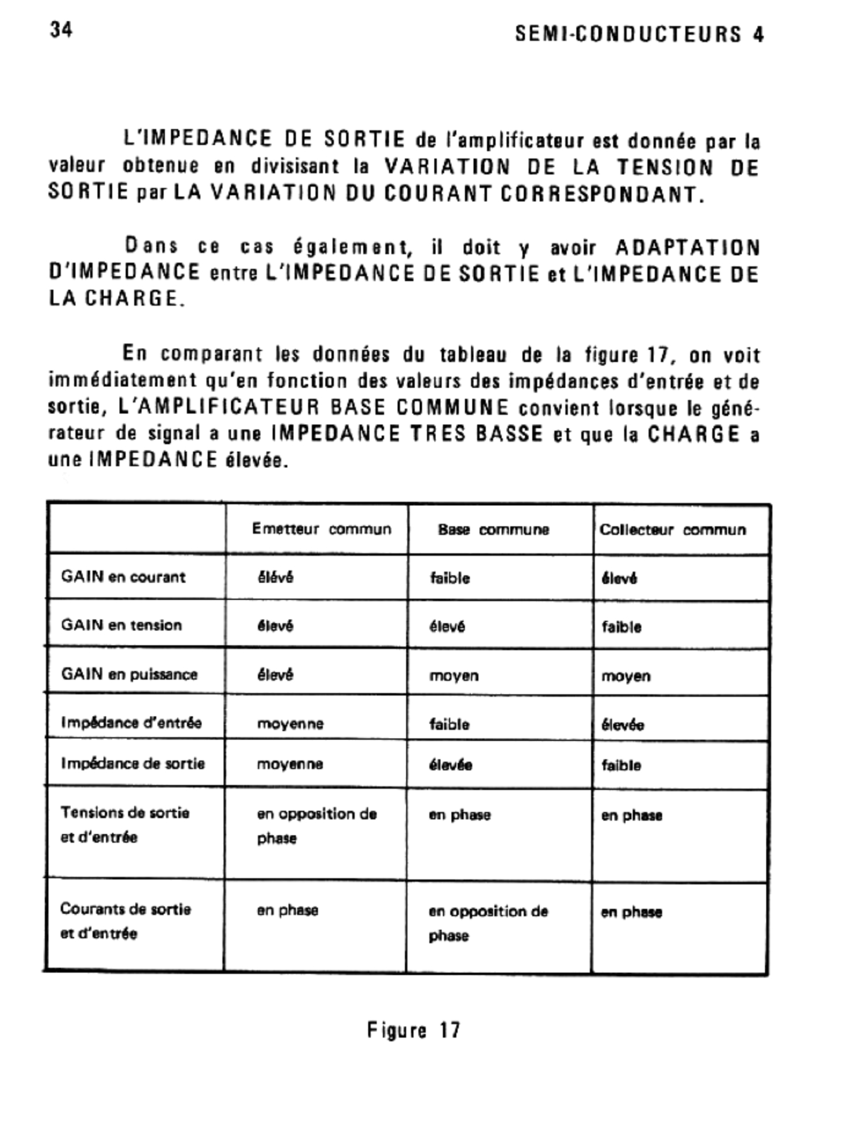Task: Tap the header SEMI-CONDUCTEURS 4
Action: pyautogui.click(x=639, y=35)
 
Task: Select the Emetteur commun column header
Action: pyautogui.click(x=321, y=529)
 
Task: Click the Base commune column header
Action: pyautogui.click(x=493, y=530)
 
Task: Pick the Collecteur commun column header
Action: pyautogui.click(x=672, y=530)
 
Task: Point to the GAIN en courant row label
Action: pyautogui.click(x=123, y=577)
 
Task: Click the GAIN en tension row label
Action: pyautogui.click(x=121, y=625)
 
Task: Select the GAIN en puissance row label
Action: pyautogui.click(x=129, y=674)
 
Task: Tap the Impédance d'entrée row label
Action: pyautogui.click(x=131, y=722)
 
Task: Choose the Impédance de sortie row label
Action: pyautogui.click(x=133, y=764)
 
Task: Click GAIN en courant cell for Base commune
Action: pyautogui.click(x=449, y=578)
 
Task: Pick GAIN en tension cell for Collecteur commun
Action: pyautogui.click(x=621, y=627)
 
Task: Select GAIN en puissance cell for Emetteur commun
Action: pyautogui.click(x=275, y=675)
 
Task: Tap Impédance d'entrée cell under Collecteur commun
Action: pyautogui.click(x=623, y=725)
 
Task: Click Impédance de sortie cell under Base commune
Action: pyautogui.click(x=450, y=765)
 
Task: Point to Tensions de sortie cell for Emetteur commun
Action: pyautogui.click(x=316, y=826)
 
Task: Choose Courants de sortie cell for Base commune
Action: pyautogui.click(x=488, y=923)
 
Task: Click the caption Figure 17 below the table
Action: pyautogui.click(x=414, y=1030)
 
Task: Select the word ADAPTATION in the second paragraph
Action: pyautogui.click(x=688, y=248)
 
